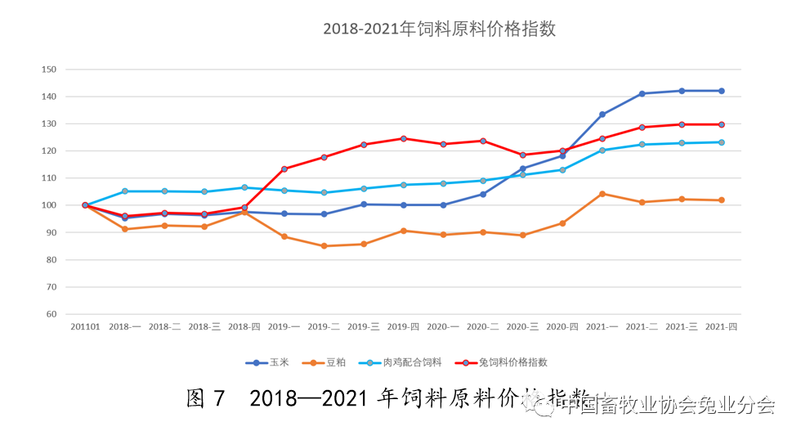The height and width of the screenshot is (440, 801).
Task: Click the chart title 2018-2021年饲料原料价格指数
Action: click(439, 29)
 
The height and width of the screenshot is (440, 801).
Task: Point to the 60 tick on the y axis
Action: click(51, 314)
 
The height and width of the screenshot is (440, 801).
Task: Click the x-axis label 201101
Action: click(85, 326)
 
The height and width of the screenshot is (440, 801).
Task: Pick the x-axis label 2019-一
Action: click(284, 326)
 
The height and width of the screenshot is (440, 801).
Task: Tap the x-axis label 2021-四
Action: click(721, 326)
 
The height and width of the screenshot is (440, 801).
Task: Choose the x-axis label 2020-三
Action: click(522, 326)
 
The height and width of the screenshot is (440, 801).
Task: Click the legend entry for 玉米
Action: click(274, 362)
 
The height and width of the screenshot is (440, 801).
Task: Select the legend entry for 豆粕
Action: click(329, 362)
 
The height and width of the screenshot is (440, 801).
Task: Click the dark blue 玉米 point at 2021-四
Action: click(721, 91)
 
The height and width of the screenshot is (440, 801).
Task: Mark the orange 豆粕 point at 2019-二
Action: click(324, 246)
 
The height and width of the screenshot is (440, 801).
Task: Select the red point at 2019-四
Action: click(403, 138)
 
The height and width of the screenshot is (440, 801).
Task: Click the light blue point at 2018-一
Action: click(125, 191)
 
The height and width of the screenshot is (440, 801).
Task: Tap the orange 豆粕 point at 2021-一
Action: click(602, 194)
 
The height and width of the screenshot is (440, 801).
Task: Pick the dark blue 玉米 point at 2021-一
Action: click(602, 114)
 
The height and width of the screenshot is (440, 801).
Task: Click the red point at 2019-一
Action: click(284, 169)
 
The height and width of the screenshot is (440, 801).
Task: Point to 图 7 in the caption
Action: click(205, 399)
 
